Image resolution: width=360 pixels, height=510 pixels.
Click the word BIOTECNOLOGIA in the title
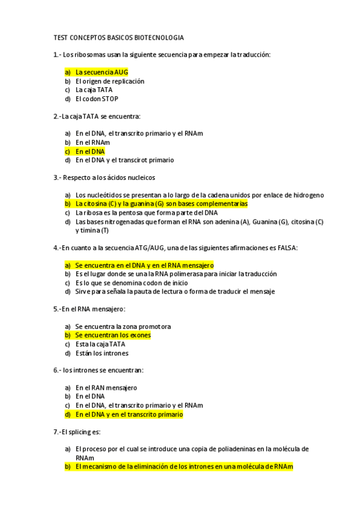(157, 37)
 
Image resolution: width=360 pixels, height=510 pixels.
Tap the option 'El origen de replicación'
(109, 81)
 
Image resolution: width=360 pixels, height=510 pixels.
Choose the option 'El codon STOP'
(97, 99)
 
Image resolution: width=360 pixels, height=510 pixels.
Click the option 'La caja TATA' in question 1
(94, 90)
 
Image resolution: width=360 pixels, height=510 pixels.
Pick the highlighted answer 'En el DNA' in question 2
(90, 152)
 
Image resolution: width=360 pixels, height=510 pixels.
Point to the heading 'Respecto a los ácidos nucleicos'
(109, 178)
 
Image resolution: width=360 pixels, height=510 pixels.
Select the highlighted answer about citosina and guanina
(160, 204)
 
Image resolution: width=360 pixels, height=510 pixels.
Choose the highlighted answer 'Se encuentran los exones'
(112, 335)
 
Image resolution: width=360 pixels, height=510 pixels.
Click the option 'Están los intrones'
(102, 353)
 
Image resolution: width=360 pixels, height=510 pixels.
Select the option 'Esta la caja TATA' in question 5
(100, 345)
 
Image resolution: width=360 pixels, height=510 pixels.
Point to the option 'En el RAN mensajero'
(106, 388)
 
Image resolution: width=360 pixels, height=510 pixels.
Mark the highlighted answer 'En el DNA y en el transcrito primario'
(129, 414)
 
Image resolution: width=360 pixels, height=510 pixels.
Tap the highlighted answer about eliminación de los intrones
(183, 467)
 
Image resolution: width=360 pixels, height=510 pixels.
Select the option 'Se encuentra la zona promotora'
(123, 327)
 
